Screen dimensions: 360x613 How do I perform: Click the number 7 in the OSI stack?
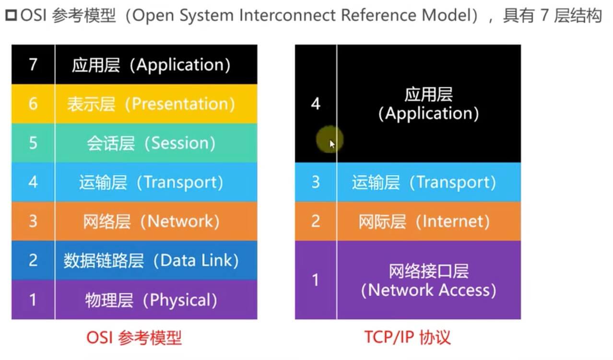(x=33, y=64)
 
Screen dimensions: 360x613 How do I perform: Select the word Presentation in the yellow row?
(x=183, y=104)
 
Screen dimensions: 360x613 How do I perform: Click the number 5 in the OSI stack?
(x=33, y=143)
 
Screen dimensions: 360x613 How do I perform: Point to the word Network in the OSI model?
(x=183, y=221)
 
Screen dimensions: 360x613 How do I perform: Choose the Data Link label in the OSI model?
(x=199, y=260)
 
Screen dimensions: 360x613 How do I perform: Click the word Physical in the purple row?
(x=183, y=300)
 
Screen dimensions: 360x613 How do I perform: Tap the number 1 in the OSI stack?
(x=33, y=300)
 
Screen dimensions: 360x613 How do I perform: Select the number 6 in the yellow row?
(x=33, y=104)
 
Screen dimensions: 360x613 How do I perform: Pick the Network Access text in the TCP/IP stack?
(x=428, y=290)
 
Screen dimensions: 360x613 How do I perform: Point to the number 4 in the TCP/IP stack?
(x=315, y=104)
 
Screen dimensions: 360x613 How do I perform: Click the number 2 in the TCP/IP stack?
(x=315, y=221)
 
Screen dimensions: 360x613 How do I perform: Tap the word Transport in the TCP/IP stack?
(x=456, y=182)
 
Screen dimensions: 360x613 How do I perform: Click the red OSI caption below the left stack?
(x=99, y=337)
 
